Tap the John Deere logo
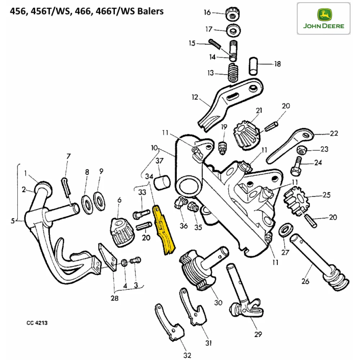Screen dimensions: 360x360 click(323, 18)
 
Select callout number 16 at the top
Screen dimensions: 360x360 click(207, 13)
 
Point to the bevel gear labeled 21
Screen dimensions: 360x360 click(246, 133)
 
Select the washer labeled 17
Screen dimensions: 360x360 click(234, 31)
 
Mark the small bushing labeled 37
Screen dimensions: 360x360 click(161, 183)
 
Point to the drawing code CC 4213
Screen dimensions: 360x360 click(37, 323)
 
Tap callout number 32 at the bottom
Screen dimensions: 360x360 click(187, 356)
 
